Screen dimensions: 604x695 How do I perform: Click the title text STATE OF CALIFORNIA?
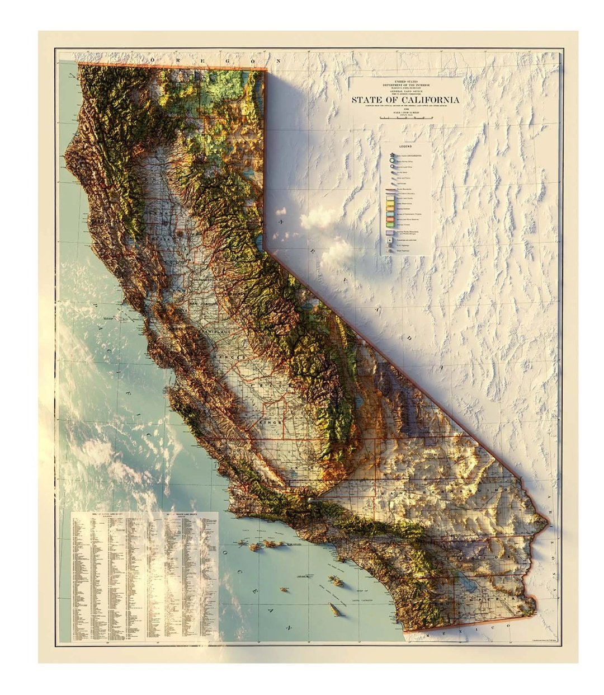pos(405,100)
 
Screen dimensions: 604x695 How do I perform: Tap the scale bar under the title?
pos(405,118)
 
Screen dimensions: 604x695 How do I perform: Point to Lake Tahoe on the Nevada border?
pos(259,242)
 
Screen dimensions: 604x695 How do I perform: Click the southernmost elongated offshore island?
pos(334,610)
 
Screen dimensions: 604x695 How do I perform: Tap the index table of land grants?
pos(144,576)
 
